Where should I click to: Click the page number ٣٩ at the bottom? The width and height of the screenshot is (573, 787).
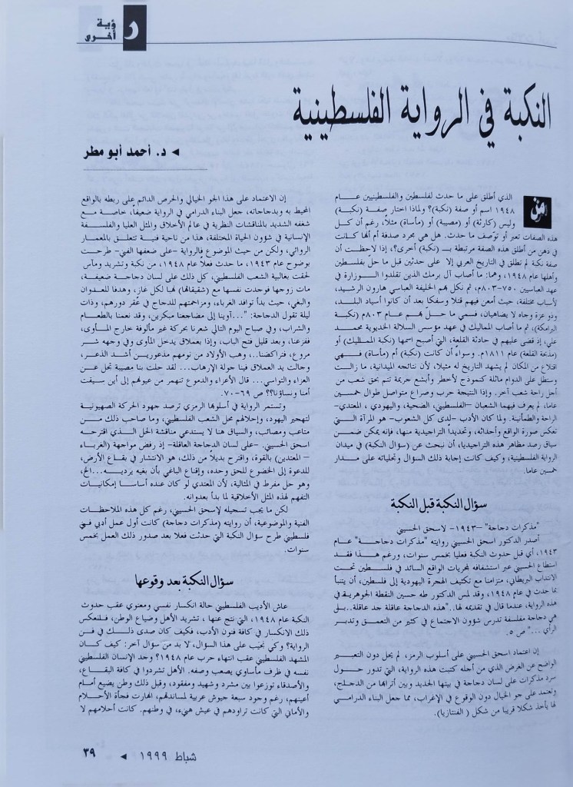88,752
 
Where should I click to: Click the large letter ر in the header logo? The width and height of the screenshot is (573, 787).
122,28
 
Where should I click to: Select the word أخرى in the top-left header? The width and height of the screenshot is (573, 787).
94,32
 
